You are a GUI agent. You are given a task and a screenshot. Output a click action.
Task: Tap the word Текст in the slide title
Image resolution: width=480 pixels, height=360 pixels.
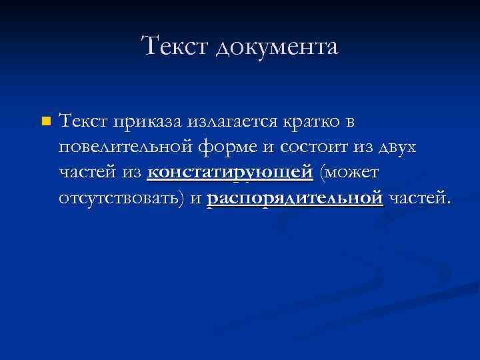pyautogui.click(x=175, y=47)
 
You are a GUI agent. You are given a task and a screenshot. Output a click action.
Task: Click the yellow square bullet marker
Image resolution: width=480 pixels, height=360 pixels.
pyautogui.click(x=45, y=122)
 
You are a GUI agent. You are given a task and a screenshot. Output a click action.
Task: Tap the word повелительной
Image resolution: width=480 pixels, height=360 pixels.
pyautogui.click(x=127, y=147)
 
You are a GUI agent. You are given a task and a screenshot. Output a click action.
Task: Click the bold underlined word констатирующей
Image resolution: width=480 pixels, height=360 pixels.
pyautogui.click(x=230, y=173)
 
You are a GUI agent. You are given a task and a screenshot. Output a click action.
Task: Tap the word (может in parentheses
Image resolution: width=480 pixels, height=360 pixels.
pyautogui.click(x=349, y=173)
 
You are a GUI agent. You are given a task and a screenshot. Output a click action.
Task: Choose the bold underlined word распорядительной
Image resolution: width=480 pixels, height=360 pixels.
pyautogui.click(x=295, y=198)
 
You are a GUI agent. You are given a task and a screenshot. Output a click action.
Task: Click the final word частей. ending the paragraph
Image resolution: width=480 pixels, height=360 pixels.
pyautogui.click(x=420, y=198)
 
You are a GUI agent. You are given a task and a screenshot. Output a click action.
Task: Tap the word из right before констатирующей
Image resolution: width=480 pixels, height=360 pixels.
pyautogui.click(x=131, y=173)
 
